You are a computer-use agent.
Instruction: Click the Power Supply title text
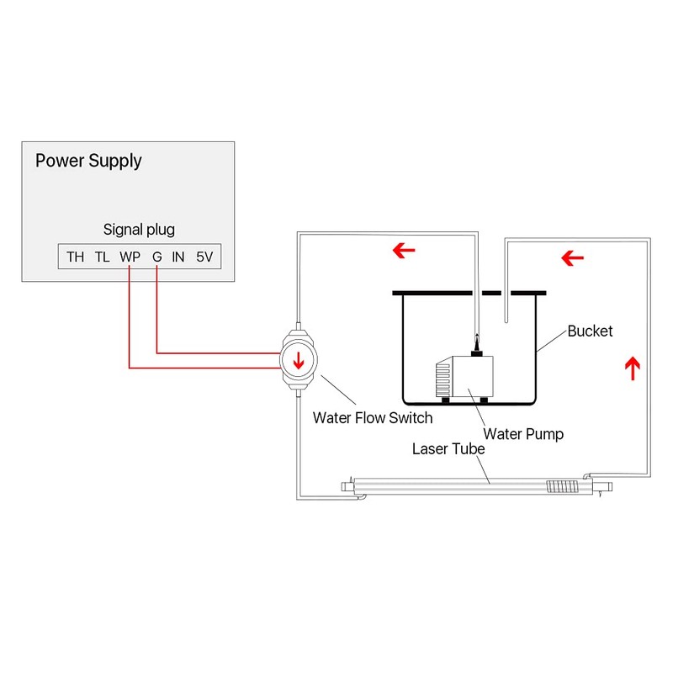point(88,160)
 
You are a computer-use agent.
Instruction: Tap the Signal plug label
point(139,229)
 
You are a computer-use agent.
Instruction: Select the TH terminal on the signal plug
point(75,257)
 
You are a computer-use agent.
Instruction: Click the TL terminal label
point(102,257)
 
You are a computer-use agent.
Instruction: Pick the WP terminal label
point(130,257)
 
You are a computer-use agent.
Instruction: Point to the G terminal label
point(156,257)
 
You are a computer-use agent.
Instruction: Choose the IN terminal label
point(178,257)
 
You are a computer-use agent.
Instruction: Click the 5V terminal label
point(204,257)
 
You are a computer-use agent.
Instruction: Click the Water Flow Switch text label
point(372,417)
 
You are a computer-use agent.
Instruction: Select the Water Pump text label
point(523,434)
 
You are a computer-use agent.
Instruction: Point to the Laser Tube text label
point(448,448)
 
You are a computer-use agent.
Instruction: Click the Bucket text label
point(590,331)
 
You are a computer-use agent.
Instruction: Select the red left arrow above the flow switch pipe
point(405,250)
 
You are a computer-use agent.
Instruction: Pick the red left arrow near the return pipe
point(573,255)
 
